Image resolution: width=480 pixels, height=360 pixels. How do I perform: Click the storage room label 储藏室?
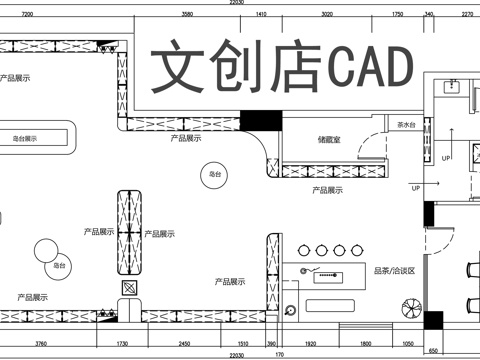(x=329, y=141)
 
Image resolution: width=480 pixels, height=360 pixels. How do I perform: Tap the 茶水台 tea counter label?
(x=407, y=125)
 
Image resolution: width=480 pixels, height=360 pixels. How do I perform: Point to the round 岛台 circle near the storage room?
(x=214, y=174)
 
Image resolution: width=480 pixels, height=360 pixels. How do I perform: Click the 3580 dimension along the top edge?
(x=187, y=15)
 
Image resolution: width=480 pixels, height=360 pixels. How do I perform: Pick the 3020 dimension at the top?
(x=326, y=15)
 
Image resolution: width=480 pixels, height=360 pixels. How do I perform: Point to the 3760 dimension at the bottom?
(x=41, y=343)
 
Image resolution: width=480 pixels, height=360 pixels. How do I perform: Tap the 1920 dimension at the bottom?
(x=310, y=343)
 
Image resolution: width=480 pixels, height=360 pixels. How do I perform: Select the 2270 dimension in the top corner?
(x=466, y=15)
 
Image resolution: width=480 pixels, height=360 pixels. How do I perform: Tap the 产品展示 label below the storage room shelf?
(x=327, y=189)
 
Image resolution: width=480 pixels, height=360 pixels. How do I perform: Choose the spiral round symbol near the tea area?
(x=290, y=310)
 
